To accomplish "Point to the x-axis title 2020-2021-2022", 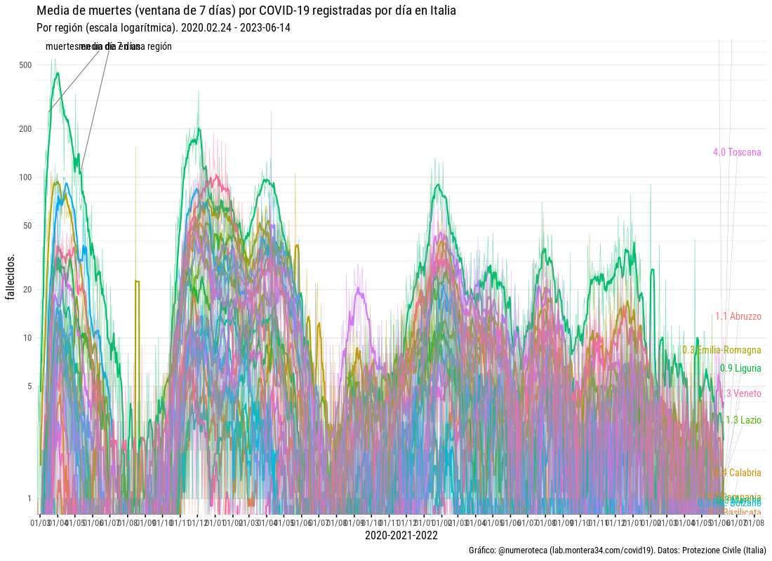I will [401, 536].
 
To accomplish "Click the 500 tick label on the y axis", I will [26, 65].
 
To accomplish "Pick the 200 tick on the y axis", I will [26, 129].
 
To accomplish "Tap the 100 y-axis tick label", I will [26, 177].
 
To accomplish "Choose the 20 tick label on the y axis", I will [28, 290].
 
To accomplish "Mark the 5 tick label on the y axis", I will [30, 386].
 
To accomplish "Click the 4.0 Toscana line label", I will [737, 152].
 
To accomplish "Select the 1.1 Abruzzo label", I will [738, 316].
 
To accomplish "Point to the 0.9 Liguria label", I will [740, 368].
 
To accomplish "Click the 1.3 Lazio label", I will [743, 420].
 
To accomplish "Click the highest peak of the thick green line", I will [57, 72].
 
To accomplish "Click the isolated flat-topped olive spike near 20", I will [137, 281].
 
